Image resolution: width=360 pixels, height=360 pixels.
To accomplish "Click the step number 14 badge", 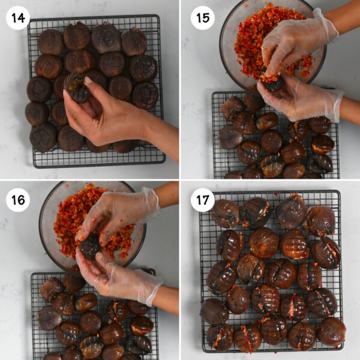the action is pos(18,17).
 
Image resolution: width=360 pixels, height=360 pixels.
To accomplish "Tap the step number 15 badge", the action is pos(203,17).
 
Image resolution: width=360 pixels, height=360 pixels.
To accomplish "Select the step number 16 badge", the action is pos(18,200).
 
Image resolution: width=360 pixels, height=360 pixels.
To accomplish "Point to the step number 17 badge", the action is pos(203,200).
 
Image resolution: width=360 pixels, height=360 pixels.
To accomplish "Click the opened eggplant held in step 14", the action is pos(77,88).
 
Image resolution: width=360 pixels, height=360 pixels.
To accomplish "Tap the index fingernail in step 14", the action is pos(88,80).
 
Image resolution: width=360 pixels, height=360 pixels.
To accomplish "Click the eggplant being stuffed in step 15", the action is pos(273,83).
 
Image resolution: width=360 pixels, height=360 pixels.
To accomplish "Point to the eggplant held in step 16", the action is pos(90,246).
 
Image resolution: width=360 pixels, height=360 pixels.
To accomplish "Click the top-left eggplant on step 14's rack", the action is pos(50,42).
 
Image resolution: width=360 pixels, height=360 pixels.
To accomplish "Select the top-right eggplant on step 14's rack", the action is pos(134,42).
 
